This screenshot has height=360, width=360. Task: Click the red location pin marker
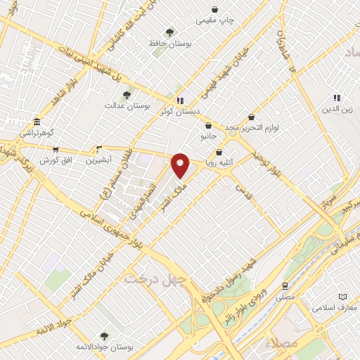181,165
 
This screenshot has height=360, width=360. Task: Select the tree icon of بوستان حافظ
169,32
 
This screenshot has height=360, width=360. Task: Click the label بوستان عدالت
124,105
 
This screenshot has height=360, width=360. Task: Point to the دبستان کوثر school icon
181,101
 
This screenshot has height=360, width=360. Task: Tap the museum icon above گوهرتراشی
37,122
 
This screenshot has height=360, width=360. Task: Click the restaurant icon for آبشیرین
99,150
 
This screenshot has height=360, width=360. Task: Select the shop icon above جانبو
208,125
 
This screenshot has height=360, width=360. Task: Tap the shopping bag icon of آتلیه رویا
219,153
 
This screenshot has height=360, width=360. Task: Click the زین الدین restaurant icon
337,98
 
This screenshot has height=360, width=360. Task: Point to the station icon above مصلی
285,286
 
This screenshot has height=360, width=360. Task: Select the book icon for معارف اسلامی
342,297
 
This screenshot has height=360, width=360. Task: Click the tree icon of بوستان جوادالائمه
104,336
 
